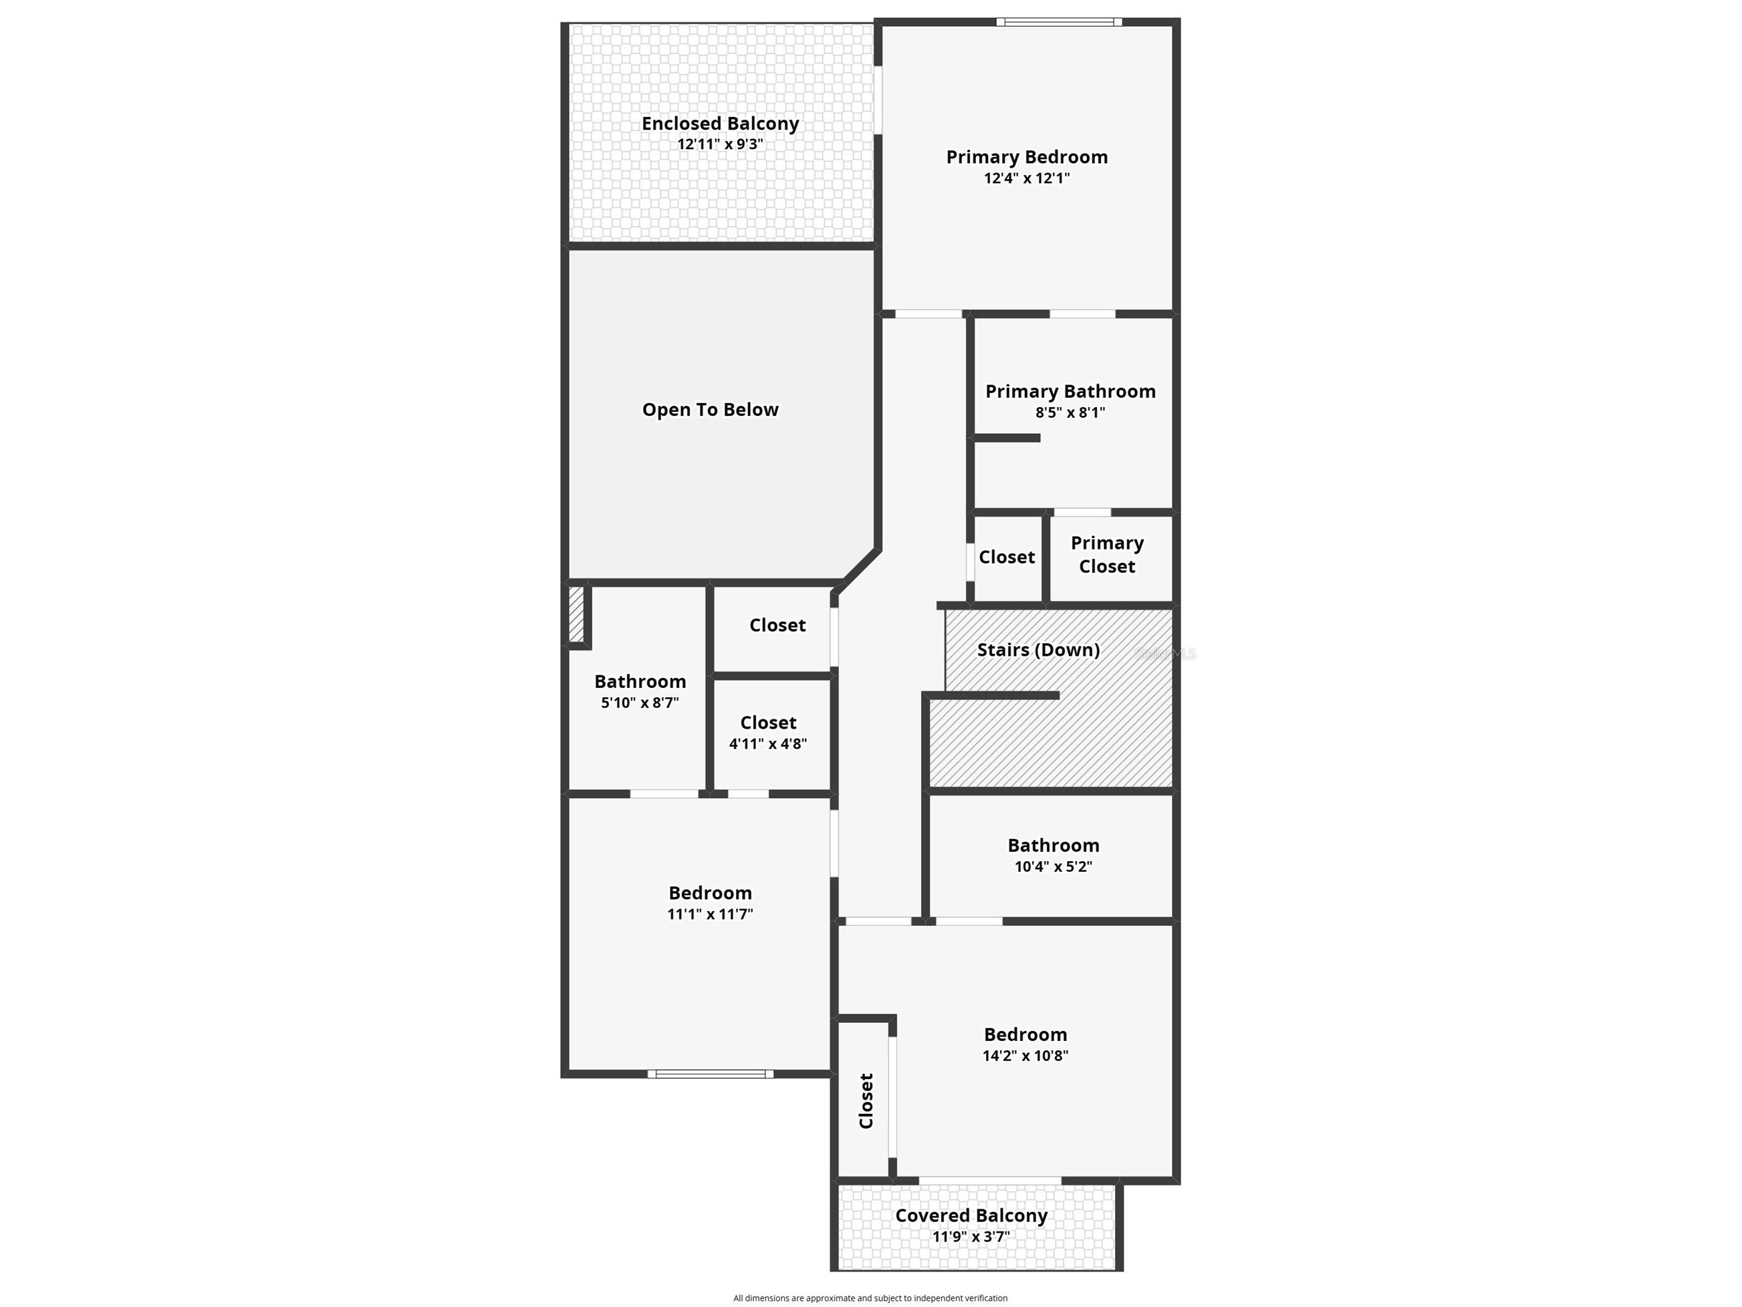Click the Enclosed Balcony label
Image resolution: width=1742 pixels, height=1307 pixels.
coord(720,124)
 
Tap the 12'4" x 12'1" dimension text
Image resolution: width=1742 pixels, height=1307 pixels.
coord(1027,178)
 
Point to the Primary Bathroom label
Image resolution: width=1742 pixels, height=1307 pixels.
coord(1070,392)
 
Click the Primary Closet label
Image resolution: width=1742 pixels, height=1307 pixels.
coord(1107,555)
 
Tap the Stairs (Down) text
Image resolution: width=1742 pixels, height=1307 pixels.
coord(1039,650)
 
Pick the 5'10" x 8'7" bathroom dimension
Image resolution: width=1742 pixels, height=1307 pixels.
coord(640,703)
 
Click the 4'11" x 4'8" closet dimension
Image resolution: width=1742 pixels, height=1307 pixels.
coord(768,743)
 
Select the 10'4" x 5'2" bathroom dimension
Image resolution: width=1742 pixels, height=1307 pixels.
coord(1053,866)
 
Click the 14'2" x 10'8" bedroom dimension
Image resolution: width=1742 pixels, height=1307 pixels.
coord(1025,1056)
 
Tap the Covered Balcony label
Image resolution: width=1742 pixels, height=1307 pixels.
coord(971,1215)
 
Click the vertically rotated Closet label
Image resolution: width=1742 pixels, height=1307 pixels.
coord(866,1100)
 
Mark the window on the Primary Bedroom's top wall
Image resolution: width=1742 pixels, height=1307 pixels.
coord(1060,22)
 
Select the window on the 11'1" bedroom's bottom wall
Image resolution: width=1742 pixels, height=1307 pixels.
coord(711,1074)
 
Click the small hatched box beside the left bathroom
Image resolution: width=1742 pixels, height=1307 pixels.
coord(576,614)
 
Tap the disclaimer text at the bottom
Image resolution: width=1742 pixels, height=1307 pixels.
coord(870,1298)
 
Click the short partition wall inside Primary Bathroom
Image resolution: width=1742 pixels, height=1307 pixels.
coord(1007,438)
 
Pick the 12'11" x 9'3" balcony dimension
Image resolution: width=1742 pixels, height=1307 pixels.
coord(720,144)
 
